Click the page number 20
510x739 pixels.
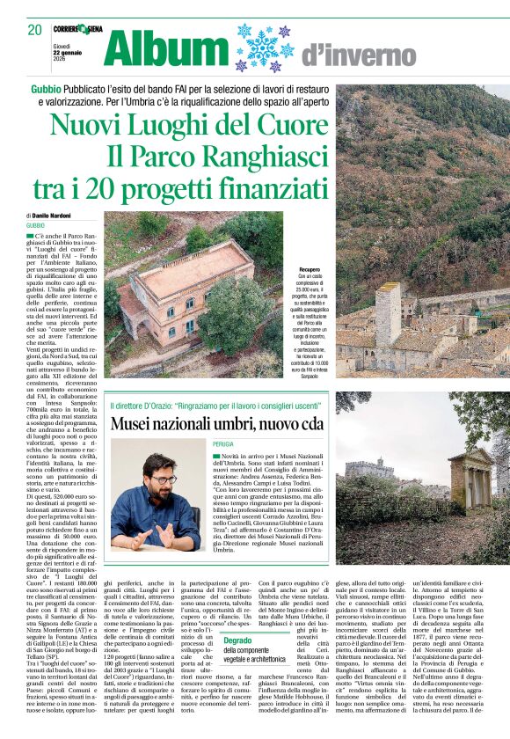(x=34, y=29)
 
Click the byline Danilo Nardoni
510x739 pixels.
(x=54, y=216)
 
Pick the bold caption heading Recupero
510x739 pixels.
(x=309, y=269)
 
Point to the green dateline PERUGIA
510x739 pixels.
(x=222, y=444)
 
